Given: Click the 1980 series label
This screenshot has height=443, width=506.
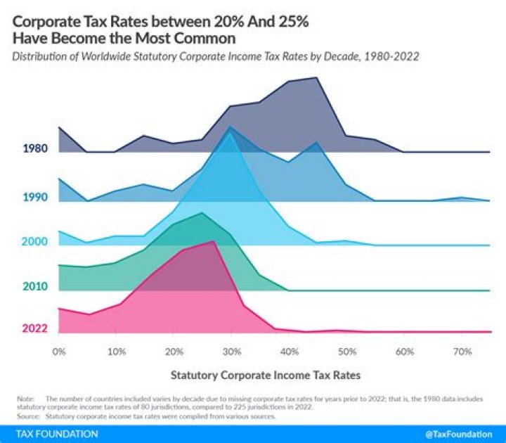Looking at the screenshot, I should point(34,148).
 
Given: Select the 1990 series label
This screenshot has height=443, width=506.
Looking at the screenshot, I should point(34,198).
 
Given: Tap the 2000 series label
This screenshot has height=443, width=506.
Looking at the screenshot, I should point(34,242).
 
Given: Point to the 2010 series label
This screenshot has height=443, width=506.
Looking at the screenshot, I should point(34,287).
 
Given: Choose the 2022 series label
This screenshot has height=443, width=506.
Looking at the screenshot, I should point(34,328).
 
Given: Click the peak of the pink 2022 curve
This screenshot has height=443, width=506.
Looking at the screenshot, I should point(213,241).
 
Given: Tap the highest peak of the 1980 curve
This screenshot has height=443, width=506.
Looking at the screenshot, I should point(318,78).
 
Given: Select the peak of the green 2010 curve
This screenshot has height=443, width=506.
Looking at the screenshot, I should point(202,212).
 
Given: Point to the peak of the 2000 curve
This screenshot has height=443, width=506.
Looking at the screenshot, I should point(231,131).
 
